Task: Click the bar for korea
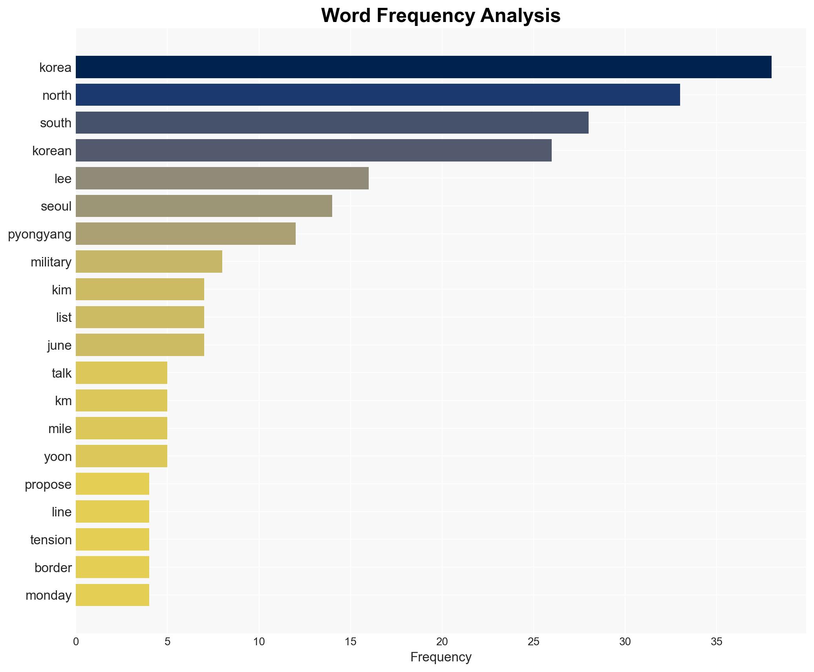click(x=423, y=67)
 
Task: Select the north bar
click(x=377, y=95)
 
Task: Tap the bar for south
click(x=332, y=123)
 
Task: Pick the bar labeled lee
click(x=222, y=178)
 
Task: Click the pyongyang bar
click(x=185, y=234)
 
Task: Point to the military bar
click(x=149, y=261)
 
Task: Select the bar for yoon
click(x=121, y=456)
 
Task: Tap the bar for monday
click(x=112, y=595)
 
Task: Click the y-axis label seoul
click(x=56, y=206)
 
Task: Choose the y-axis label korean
click(x=52, y=151)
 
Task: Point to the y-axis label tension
click(x=51, y=540)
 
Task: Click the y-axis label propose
click(x=48, y=485)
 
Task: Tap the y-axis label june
click(x=59, y=345)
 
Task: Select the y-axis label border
click(x=53, y=568)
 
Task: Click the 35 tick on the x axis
click(x=716, y=642)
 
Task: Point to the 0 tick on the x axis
click(x=76, y=642)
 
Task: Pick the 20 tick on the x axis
click(x=442, y=642)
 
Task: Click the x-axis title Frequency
click(x=441, y=657)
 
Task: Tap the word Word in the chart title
click(x=346, y=16)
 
